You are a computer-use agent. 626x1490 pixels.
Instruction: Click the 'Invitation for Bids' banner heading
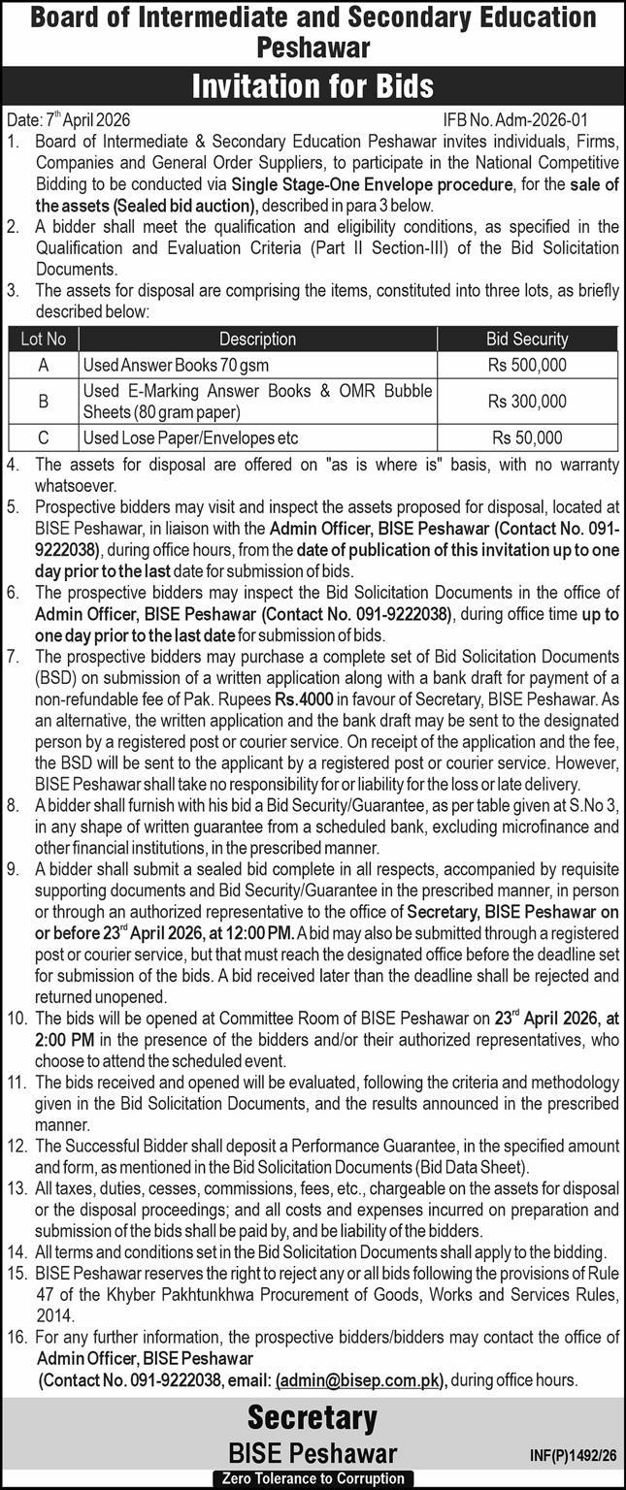[313, 87]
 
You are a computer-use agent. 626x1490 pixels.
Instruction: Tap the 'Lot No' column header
[44, 339]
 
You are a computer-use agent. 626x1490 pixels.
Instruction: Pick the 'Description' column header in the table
[257, 339]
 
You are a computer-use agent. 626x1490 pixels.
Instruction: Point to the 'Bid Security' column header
[527, 339]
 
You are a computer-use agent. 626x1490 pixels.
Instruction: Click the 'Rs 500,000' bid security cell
[527, 365]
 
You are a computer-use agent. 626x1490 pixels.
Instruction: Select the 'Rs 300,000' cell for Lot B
[527, 401]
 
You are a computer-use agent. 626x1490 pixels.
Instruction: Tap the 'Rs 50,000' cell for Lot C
[527, 437]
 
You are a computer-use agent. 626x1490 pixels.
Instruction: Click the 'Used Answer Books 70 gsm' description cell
[176, 365]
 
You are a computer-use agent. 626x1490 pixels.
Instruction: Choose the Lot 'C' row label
[44, 437]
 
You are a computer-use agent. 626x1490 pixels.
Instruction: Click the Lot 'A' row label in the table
[44, 365]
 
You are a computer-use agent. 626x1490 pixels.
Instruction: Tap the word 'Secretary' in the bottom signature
[312, 1418]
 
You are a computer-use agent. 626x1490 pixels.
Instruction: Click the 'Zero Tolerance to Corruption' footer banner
[312, 1478]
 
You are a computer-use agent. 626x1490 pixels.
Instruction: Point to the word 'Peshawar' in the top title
[313, 45]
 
